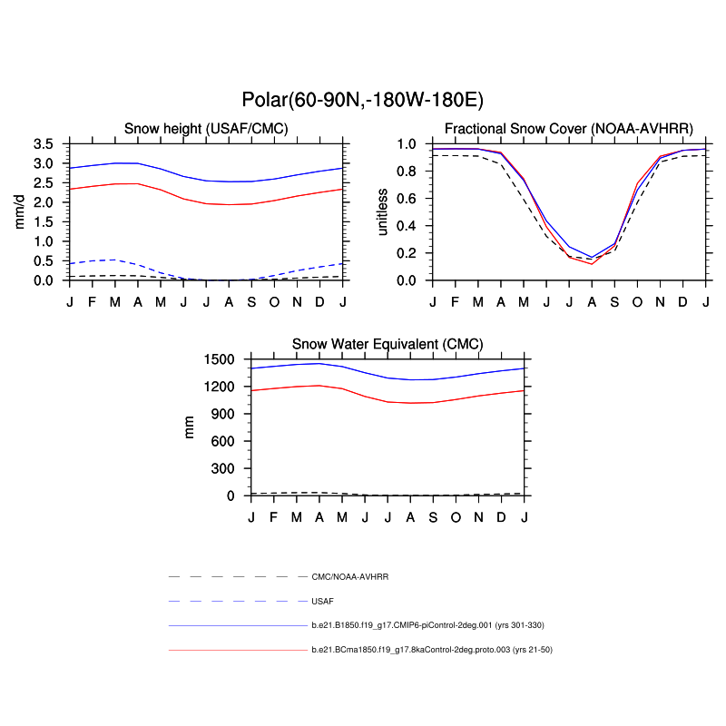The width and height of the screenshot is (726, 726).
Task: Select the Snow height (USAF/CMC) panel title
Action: coord(206,129)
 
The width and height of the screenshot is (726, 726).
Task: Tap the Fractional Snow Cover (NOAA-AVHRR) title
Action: coord(569,129)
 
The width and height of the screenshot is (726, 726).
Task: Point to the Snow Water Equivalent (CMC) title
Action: coord(388,344)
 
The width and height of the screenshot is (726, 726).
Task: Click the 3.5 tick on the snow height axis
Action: coord(44,144)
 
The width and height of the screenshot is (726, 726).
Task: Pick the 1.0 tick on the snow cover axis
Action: coord(407,144)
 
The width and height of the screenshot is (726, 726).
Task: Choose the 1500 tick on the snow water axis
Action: coord(221,359)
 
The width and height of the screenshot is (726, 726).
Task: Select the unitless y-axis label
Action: coord(382,211)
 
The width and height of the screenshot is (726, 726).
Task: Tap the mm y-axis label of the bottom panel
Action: coord(190,427)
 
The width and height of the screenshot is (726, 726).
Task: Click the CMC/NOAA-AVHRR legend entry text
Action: coord(349,576)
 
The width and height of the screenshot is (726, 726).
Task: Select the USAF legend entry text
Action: coord(322,601)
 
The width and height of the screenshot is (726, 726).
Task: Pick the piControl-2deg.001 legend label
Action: coord(427,625)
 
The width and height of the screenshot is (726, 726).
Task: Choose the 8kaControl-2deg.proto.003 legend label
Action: coord(432,650)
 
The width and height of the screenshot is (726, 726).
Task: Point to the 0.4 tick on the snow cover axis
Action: coord(407,226)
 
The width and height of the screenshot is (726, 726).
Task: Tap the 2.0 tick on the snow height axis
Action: coord(44,202)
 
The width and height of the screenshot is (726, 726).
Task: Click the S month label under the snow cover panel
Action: coord(614,300)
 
